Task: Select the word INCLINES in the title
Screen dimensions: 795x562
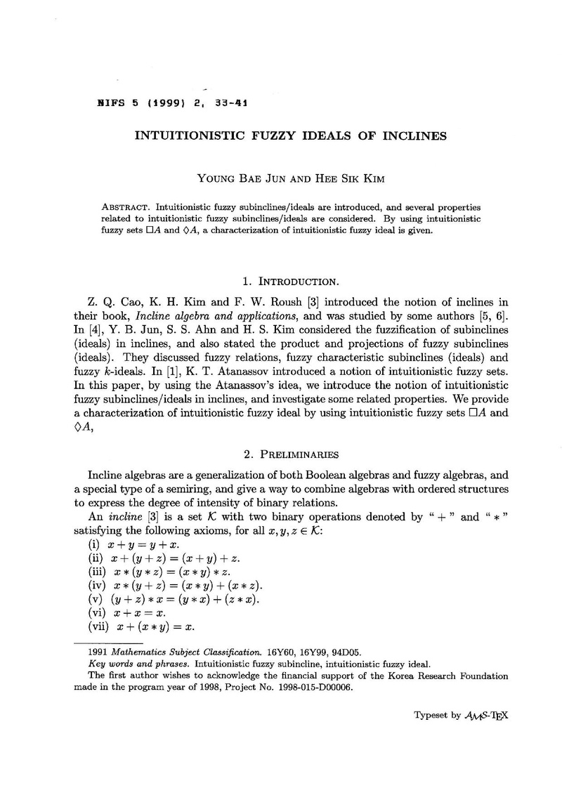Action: (x=415, y=136)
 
